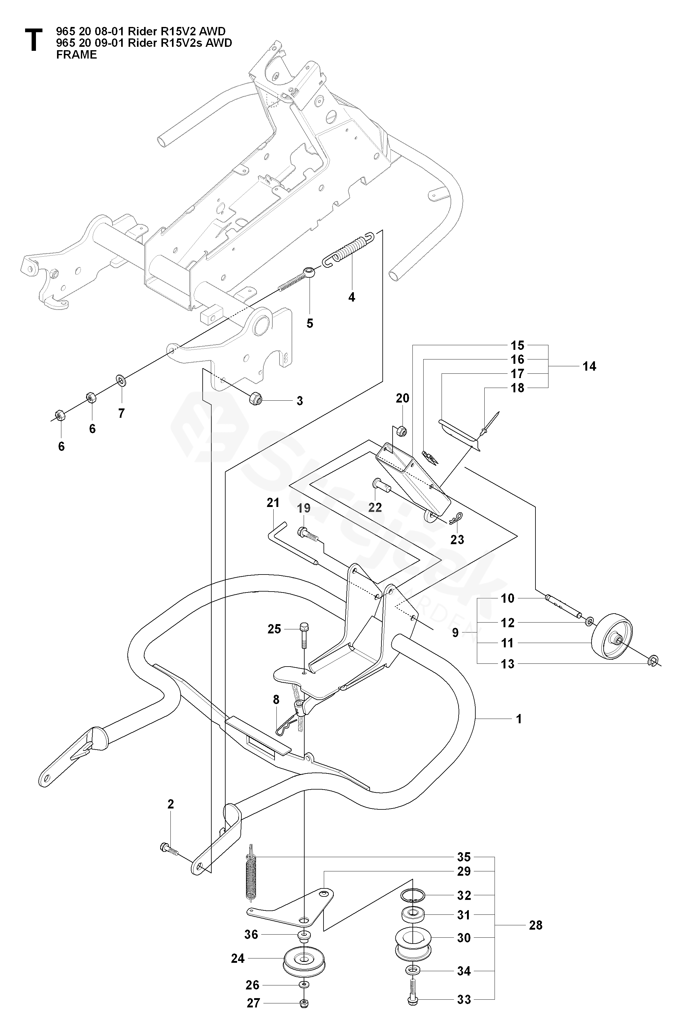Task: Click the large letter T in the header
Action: (33, 41)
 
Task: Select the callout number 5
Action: (310, 323)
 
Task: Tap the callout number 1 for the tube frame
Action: (518, 719)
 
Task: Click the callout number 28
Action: (535, 925)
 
